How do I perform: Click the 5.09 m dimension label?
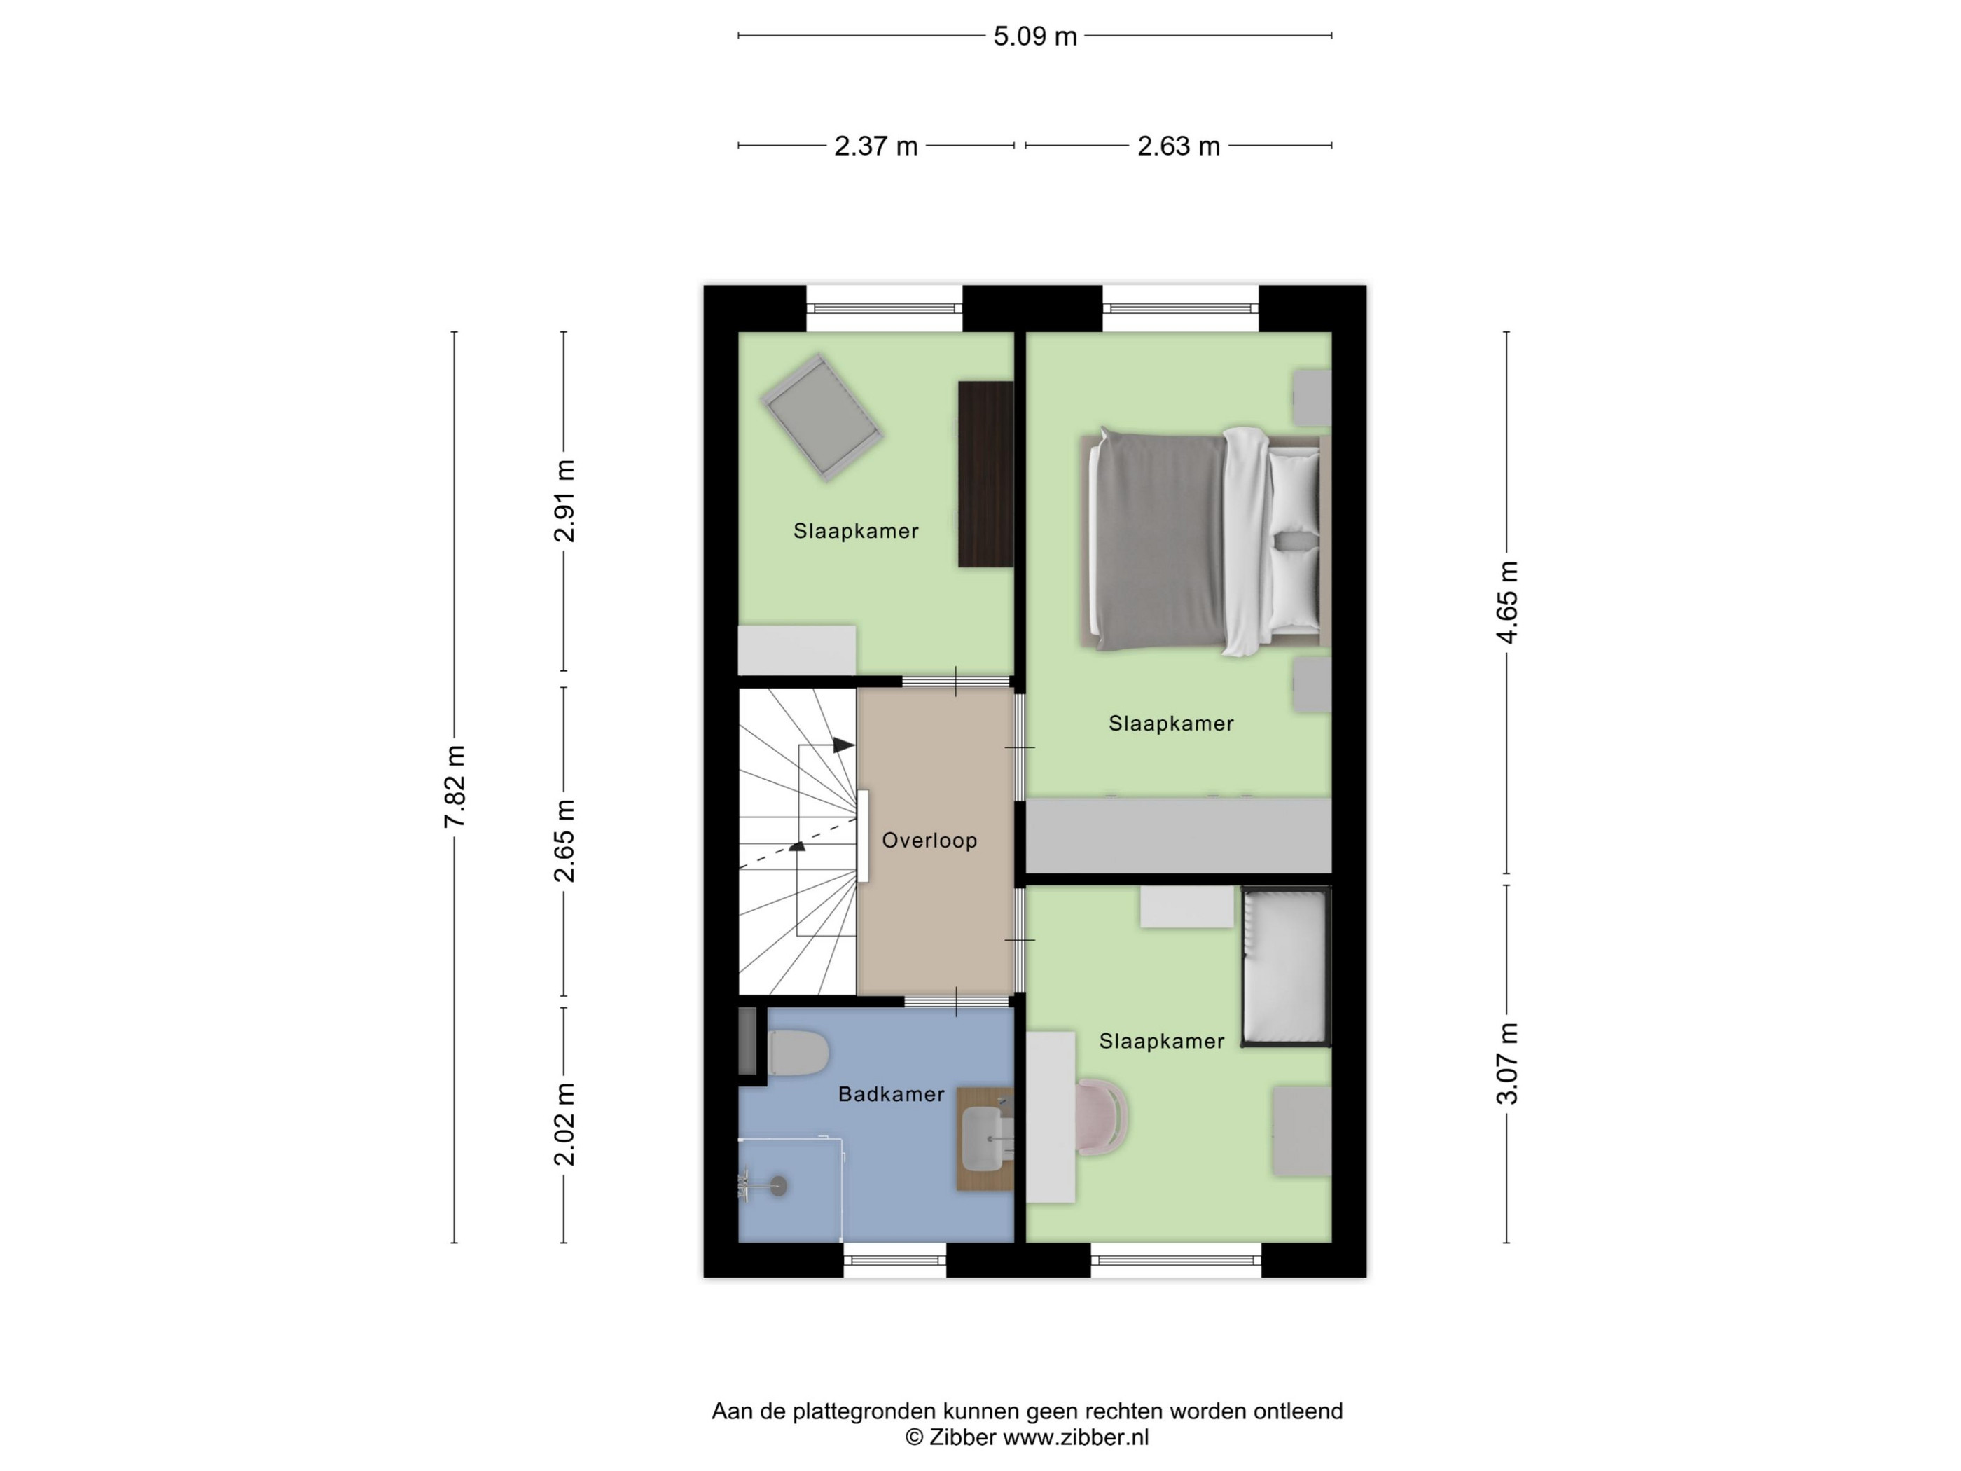1034,36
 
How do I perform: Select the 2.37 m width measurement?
876,146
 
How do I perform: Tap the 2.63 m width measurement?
1179,146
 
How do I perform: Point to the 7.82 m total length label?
455,787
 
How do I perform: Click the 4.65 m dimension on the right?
1507,602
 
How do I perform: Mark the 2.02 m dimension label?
564,1124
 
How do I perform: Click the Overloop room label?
929,841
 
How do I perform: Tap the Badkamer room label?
891,1094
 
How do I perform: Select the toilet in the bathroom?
798,1054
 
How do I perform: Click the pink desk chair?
1102,1117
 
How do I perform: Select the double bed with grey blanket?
1206,541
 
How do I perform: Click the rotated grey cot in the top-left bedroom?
822,417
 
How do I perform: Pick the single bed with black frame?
1285,967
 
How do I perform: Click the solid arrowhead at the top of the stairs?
843,746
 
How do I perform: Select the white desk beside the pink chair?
1051,1117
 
